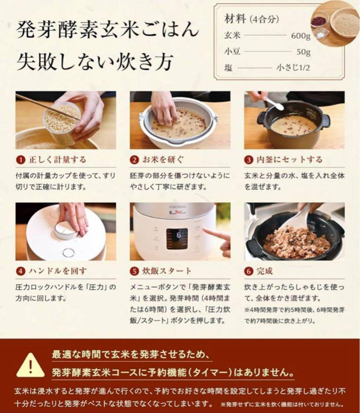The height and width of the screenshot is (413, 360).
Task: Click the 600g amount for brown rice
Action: click(300, 36)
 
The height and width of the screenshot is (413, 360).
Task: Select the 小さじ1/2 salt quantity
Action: click(293, 68)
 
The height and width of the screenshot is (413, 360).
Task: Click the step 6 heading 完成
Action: click(264, 271)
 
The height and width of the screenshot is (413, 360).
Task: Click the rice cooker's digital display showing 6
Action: click(177, 238)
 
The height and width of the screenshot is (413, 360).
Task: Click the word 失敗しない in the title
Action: click(64, 62)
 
